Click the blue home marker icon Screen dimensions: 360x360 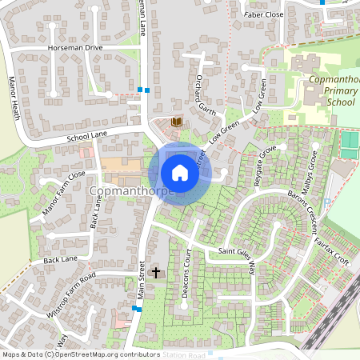(180, 173)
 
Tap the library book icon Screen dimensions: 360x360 (177, 122)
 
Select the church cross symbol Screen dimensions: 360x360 (156, 273)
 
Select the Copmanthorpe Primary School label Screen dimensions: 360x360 (334, 91)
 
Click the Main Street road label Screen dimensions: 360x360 (142, 279)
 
